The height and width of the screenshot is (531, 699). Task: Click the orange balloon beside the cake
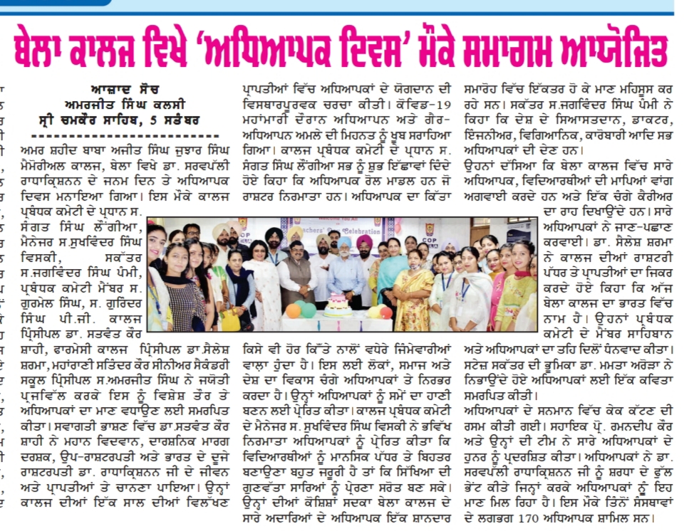click(292, 311)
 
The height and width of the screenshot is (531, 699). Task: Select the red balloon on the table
click(386, 312)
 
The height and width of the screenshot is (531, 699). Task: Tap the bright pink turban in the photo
click(365, 242)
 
